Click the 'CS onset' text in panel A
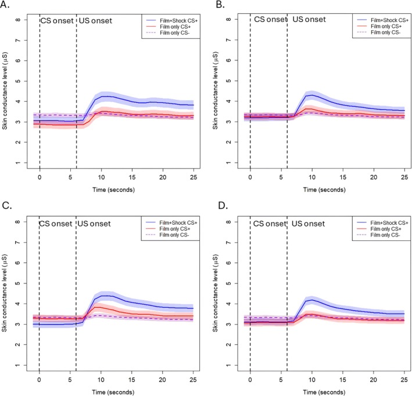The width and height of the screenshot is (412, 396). [x=56, y=21]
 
